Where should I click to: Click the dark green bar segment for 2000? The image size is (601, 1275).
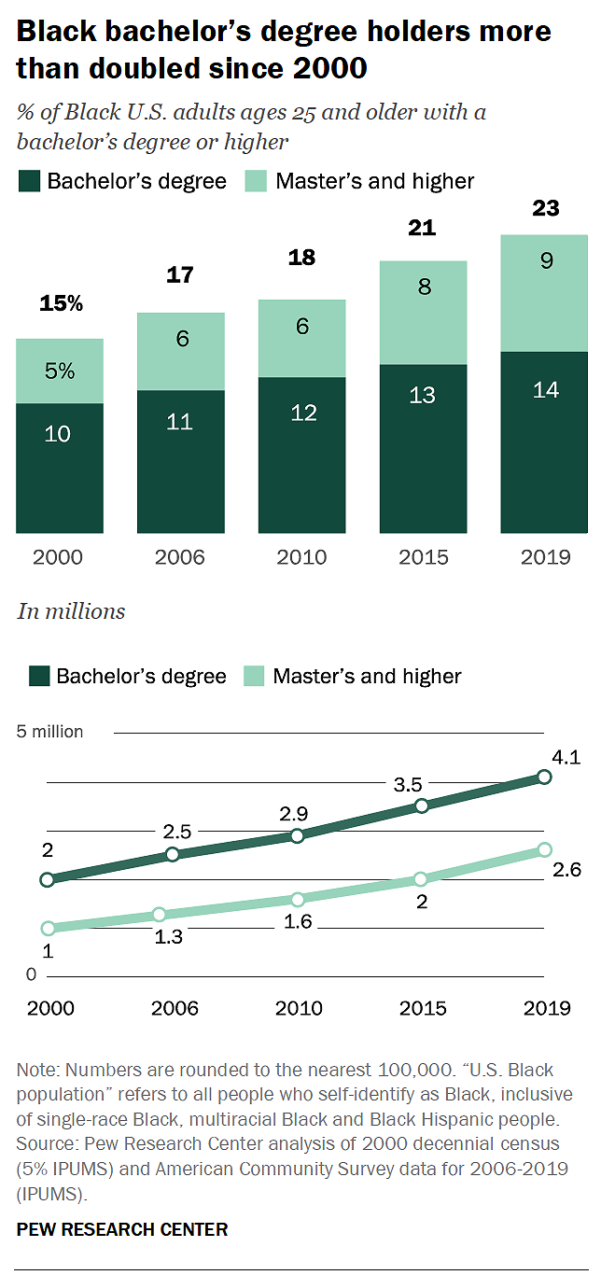(x=59, y=468)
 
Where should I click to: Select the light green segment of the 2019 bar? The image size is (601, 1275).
(x=545, y=293)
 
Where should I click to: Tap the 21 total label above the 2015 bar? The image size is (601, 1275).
(x=423, y=228)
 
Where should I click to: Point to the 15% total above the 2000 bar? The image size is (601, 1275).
(x=61, y=303)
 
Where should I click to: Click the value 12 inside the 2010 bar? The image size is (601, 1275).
(x=302, y=412)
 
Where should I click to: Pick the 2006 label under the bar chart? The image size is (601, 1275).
(x=180, y=557)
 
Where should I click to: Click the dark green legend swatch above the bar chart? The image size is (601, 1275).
(x=29, y=180)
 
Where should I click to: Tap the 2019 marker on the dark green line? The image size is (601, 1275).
(x=545, y=777)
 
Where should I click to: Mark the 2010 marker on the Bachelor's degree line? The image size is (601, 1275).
(x=298, y=835)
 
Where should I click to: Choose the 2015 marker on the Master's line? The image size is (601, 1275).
(x=421, y=878)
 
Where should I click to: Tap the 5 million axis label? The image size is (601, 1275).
(x=50, y=732)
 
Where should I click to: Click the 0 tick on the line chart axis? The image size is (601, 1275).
(x=31, y=975)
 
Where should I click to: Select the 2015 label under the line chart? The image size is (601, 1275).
(x=423, y=1008)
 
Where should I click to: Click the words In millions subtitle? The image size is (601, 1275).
(x=71, y=611)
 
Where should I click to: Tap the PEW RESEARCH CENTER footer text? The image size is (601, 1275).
(x=122, y=1229)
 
